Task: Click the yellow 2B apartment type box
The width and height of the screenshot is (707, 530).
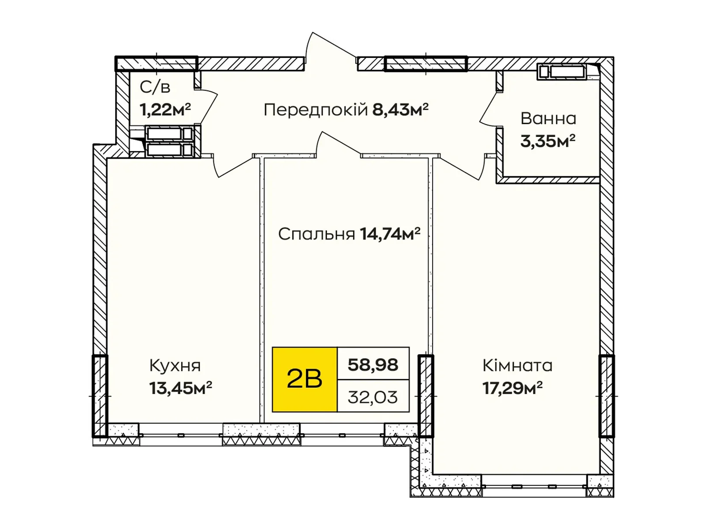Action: tap(304, 379)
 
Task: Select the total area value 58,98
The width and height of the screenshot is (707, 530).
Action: tap(373, 364)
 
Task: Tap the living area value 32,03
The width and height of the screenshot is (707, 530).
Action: tap(373, 397)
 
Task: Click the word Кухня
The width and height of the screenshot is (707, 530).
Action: tap(175, 366)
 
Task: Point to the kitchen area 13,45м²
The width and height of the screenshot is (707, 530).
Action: tap(180, 388)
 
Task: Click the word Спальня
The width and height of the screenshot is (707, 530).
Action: tap(316, 234)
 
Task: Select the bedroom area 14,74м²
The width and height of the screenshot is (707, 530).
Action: tap(390, 233)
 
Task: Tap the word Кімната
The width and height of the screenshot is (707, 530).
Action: tap(517, 366)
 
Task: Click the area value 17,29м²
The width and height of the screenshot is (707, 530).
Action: tap(512, 388)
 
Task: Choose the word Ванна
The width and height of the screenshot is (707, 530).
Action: tap(548, 118)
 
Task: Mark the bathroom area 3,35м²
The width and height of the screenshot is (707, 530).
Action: tap(547, 141)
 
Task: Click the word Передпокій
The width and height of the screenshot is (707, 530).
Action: tap(315, 110)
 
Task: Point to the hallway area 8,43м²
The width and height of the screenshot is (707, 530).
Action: tap(400, 109)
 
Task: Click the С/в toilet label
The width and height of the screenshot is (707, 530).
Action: tap(155, 87)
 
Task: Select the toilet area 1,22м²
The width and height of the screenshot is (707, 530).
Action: tap(165, 109)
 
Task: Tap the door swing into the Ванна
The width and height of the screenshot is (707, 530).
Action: tap(490, 110)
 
